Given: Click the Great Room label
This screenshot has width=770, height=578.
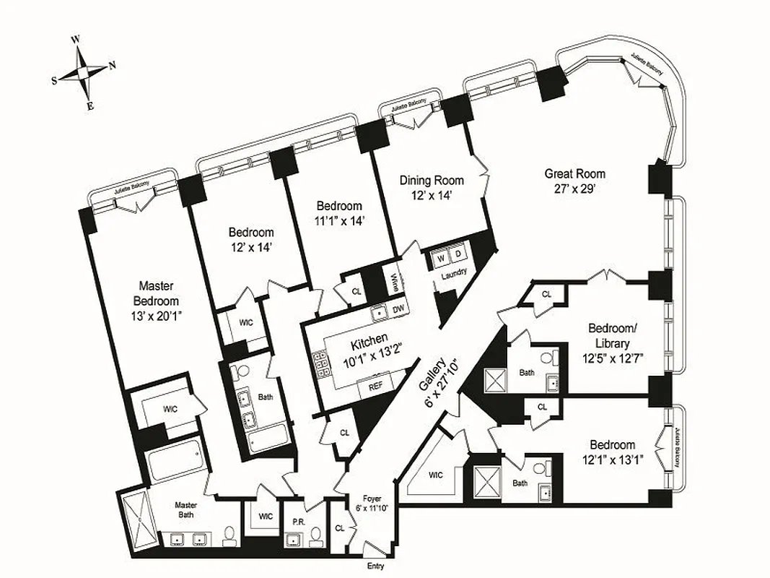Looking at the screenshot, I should [x=574, y=173].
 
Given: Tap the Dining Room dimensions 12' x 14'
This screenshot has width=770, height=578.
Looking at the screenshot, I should [x=432, y=195].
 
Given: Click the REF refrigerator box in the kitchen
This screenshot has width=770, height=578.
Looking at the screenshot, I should [x=375, y=387].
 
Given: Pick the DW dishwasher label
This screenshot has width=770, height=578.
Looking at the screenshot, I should [x=398, y=310].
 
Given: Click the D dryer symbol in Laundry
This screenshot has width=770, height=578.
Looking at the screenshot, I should [x=458, y=254].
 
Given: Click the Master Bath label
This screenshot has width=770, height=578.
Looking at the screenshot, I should [x=185, y=510].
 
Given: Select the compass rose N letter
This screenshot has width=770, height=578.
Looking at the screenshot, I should [x=112, y=66].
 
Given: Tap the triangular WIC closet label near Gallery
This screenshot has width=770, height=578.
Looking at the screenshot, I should [x=436, y=475].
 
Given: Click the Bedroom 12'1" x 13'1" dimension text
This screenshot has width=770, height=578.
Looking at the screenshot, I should [x=612, y=459].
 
